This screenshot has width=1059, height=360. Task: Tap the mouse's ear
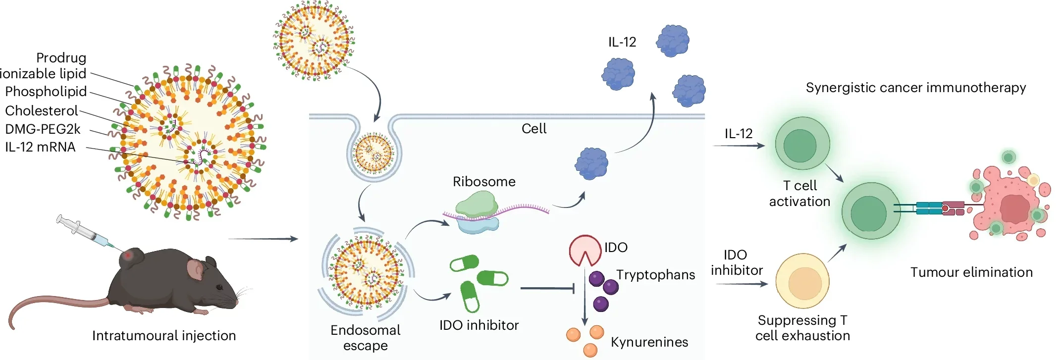[196, 270]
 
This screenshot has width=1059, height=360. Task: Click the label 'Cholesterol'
[42, 110]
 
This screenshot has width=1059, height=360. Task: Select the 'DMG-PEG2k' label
[43, 129]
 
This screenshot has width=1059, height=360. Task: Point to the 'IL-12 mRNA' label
[40, 147]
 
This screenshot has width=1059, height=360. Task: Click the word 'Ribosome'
[484, 182]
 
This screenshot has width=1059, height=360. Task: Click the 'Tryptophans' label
[655, 275]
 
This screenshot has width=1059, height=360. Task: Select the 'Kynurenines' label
[649, 342]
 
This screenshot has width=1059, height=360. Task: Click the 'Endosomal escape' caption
[366, 338]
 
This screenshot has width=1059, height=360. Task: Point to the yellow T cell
[802, 281]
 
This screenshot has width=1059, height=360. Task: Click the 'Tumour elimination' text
[971, 272]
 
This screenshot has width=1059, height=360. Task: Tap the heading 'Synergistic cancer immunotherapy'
[915, 88]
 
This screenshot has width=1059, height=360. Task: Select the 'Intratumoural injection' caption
[164, 336]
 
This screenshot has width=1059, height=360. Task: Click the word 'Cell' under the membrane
[534, 129]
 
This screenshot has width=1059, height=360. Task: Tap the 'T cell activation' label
[799, 194]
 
